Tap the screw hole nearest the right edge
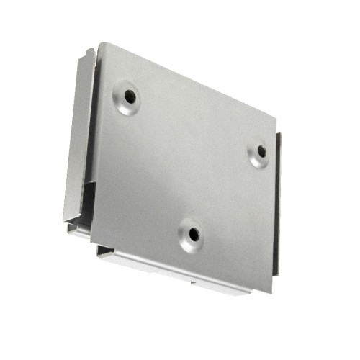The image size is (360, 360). click(x=261, y=151)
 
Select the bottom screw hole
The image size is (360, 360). click(x=192, y=233)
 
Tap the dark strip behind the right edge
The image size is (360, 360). click(x=277, y=202)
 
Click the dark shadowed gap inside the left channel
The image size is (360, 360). click(x=88, y=202)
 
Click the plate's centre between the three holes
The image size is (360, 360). click(x=191, y=162)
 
